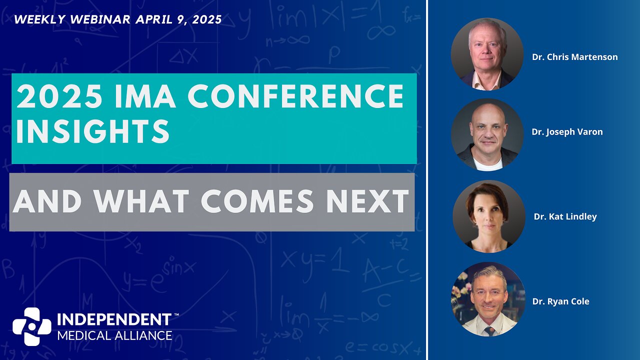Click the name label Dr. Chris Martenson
click(574, 57)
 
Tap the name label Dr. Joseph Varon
click(567, 132)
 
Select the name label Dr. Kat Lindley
click(565, 216)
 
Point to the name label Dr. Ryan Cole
click(560, 301)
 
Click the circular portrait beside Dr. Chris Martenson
click(487, 54)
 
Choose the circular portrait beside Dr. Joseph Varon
click(487, 135)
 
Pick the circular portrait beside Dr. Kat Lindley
click(489, 216)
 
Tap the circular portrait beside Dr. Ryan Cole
click(488, 299)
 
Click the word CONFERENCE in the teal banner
click(295, 96)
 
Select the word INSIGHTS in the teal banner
click(93, 131)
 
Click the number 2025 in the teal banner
click(59, 96)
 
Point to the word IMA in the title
click(145, 96)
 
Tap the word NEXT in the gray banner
click(367, 201)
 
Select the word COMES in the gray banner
click(257, 201)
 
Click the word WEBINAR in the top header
click(100, 19)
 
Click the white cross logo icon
click(32, 326)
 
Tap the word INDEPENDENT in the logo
click(114, 319)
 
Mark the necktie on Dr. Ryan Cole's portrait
click(489, 331)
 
